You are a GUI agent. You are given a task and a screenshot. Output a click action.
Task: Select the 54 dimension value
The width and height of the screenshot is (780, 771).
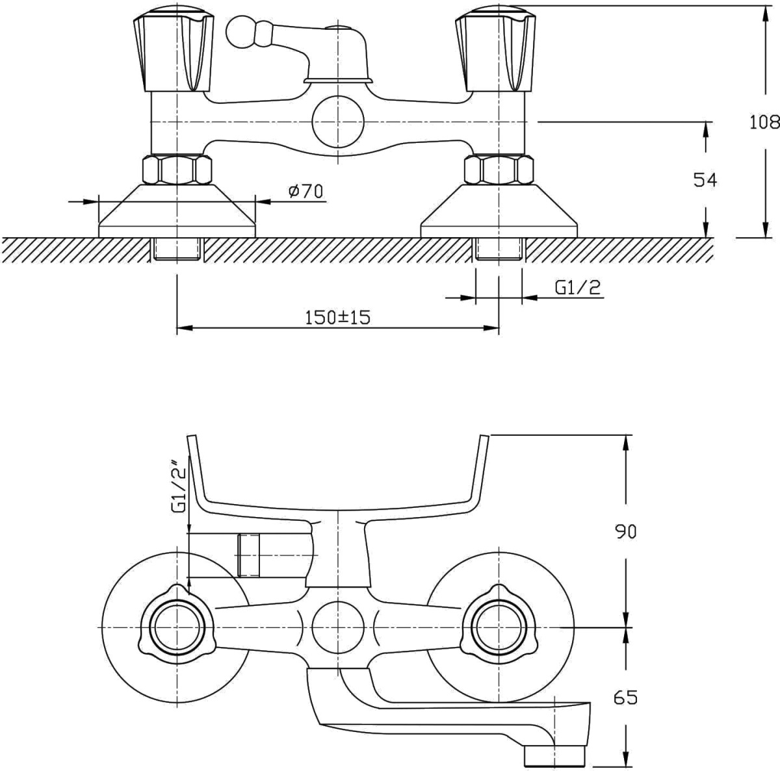[705, 180]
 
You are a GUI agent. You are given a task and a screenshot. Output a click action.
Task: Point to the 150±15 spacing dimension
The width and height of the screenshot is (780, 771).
[337, 318]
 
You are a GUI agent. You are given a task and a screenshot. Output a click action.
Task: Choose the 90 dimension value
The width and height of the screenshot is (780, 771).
[626, 531]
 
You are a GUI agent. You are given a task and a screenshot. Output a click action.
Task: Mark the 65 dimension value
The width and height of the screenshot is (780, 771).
[626, 698]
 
